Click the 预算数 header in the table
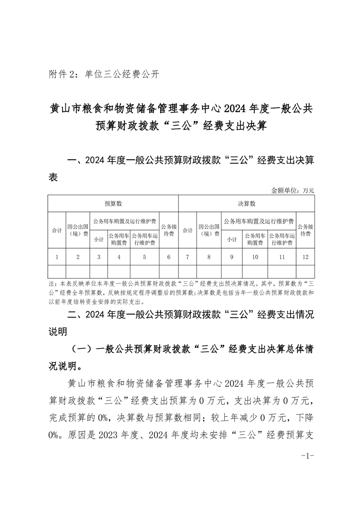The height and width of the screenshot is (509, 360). click(113, 204)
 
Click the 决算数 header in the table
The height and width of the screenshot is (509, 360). click(247, 204)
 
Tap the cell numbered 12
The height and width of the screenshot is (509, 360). click(305, 257)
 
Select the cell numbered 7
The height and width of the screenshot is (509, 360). click(188, 257)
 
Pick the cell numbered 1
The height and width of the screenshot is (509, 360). click(57, 257)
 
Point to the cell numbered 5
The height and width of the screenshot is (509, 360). click(144, 257)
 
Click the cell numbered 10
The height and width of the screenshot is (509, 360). click(255, 257)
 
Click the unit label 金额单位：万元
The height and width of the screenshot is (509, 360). click(293, 191)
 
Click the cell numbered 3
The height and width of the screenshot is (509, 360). click(99, 257)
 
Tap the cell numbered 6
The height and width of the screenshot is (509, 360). click(169, 257)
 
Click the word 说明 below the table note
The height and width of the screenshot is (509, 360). click(58, 332)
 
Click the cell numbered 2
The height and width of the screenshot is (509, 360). click(78, 257)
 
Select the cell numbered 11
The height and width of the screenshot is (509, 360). click(281, 257)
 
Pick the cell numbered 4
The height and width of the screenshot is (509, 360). click(119, 257)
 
